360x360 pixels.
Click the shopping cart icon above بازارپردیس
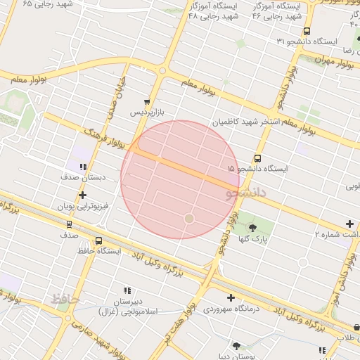coord(146,102)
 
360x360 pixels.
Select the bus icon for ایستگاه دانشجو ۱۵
coord(257,158)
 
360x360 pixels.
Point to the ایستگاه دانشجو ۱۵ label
coord(259,169)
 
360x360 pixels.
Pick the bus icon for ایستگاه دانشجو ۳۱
coord(306,31)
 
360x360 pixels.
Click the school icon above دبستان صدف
coord(83,167)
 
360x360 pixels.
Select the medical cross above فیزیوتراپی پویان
coord(83,195)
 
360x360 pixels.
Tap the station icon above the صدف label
coord(69,224)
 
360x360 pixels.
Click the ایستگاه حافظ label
coord(99,250)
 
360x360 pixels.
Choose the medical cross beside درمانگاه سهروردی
coord(231,297)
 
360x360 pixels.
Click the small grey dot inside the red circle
coord(188,219)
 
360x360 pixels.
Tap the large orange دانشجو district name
coord(246,192)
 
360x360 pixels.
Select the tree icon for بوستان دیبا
coord(236,346)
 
